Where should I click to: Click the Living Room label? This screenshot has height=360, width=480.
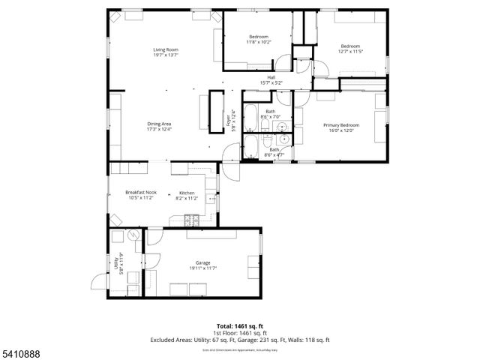pos(166,49)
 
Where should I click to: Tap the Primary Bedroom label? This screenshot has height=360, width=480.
pos(341,124)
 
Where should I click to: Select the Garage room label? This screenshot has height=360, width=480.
pos(199,263)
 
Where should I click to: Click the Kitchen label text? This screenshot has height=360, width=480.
pos(187,193)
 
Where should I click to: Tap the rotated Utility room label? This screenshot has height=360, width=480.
pos(116,264)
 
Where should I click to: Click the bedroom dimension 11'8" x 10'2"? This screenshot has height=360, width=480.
pos(259,42)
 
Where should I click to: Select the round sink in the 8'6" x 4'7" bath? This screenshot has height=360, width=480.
pos(283,139)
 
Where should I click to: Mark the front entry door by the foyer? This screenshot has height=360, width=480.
pos(230,169)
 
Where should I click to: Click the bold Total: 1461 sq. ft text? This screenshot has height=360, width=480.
pos(239,326)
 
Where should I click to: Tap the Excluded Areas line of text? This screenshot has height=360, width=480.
pos(240,340)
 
